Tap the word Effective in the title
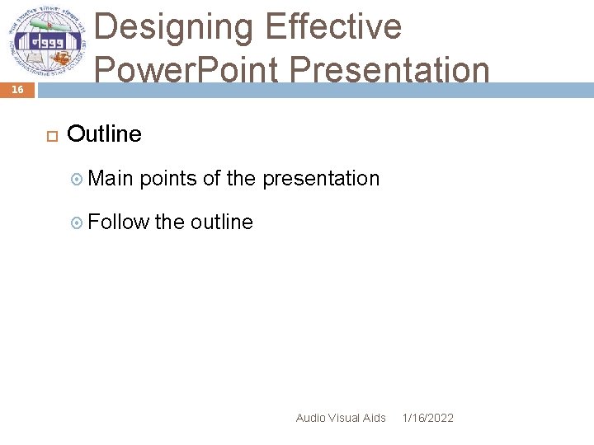pos(333,28)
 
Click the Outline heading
pos(104,133)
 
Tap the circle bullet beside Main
pos(78,179)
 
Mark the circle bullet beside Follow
pos(78,222)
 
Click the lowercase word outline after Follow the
pos(221,222)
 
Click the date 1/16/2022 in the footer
pos(427,418)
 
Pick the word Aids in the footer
pos(375,418)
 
